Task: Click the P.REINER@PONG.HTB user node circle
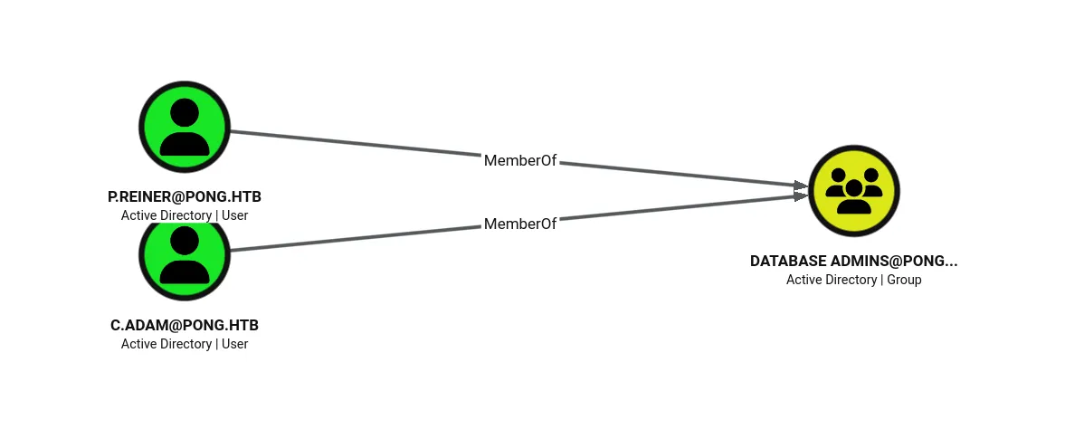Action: tap(185, 127)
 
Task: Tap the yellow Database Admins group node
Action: tap(854, 191)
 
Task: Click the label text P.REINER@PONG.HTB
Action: tap(185, 196)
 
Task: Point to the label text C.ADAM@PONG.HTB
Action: tap(185, 325)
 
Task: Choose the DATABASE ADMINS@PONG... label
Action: tap(854, 261)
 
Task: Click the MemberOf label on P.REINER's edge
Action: tap(520, 160)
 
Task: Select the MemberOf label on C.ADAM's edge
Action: tap(520, 224)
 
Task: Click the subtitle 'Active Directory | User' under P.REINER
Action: tap(185, 215)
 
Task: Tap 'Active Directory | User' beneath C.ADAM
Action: tap(185, 344)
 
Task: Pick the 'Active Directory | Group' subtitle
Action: tap(854, 280)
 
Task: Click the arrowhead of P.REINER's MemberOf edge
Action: tap(801, 185)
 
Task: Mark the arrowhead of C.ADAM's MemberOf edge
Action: tap(801, 195)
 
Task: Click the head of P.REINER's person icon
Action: tap(185, 112)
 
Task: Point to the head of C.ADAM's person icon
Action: tap(185, 241)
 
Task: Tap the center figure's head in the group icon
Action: tap(854, 187)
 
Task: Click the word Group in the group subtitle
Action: tap(904, 280)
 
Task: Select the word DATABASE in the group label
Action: tap(788, 261)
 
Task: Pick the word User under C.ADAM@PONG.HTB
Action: tap(235, 344)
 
